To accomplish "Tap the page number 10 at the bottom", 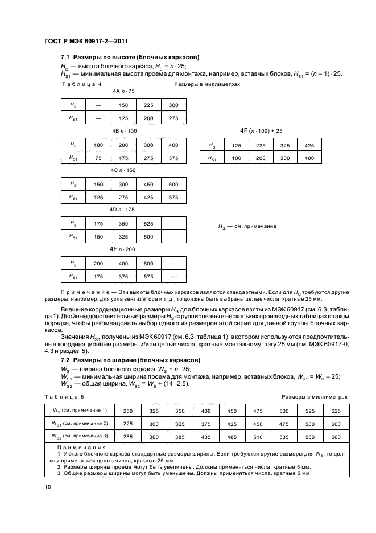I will click(x=47, y=486).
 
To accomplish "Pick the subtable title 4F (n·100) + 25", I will click(x=262, y=131).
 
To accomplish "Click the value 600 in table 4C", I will click(x=173, y=184).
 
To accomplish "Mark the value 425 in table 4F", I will click(x=309, y=145).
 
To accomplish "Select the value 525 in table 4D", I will click(x=148, y=223).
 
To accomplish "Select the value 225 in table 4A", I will click(x=148, y=105).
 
